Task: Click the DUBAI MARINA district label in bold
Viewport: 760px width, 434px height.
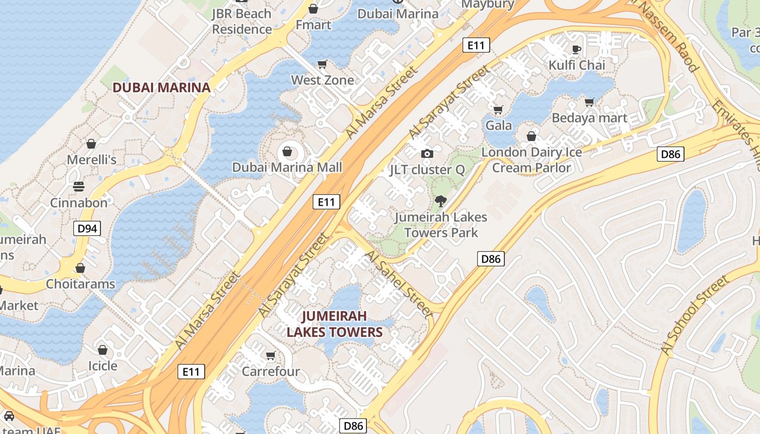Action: tap(161, 87)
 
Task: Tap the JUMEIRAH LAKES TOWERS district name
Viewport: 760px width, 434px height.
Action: tap(334, 324)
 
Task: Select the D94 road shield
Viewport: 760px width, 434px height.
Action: tap(87, 228)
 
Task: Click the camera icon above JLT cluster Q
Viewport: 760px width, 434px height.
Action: tap(427, 154)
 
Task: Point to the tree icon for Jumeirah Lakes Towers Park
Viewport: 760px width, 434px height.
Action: tap(440, 201)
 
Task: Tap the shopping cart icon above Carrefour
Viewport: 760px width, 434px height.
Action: tap(270, 355)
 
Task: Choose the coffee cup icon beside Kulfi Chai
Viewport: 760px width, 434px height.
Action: tap(576, 49)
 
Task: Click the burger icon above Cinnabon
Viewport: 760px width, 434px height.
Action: tap(79, 187)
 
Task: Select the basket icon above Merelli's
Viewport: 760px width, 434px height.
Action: tap(91, 144)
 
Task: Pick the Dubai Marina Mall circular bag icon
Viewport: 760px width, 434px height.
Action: tap(287, 151)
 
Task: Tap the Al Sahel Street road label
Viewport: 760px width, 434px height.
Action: tap(399, 284)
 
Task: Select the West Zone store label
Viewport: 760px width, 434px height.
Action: tap(322, 80)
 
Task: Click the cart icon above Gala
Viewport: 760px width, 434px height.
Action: tap(498, 110)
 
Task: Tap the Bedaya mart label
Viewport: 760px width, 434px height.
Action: tap(590, 118)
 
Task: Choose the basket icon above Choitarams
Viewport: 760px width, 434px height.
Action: tap(80, 268)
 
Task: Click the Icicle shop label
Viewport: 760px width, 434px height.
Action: tap(103, 366)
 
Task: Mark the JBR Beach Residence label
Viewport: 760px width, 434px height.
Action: tap(242, 21)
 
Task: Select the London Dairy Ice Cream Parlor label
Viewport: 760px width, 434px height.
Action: tap(531, 160)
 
